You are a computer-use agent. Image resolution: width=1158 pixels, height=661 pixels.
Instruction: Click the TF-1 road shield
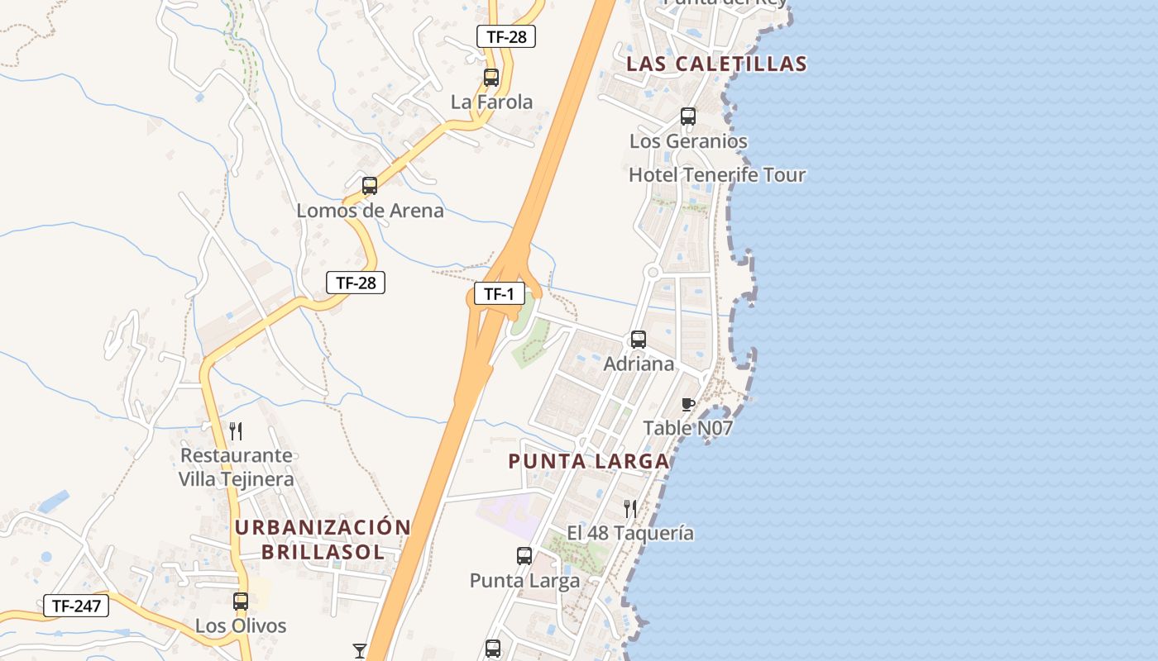click(x=499, y=293)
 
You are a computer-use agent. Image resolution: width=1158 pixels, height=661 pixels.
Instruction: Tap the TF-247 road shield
click(x=76, y=606)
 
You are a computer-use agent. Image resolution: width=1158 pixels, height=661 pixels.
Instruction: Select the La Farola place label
click(x=491, y=102)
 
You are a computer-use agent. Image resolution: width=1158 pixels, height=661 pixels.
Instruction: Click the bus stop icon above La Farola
click(x=491, y=78)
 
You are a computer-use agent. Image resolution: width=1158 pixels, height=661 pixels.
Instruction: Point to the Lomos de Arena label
click(x=370, y=210)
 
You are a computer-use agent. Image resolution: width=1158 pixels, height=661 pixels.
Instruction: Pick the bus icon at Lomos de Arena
click(x=370, y=186)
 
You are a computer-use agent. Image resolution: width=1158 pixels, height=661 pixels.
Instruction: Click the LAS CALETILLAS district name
click(x=716, y=64)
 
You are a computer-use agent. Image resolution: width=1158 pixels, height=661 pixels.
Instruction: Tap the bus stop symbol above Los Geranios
click(x=688, y=117)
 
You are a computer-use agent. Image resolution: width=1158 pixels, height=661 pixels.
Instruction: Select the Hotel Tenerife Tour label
click(x=716, y=174)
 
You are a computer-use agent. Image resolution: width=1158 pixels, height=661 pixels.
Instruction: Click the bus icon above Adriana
click(x=639, y=339)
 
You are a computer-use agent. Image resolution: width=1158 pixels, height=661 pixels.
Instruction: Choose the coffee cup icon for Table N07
click(x=687, y=404)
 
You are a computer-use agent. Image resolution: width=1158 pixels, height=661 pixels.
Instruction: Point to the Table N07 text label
click(x=687, y=428)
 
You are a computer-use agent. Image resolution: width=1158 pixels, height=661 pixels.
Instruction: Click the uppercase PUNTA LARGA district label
click(x=588, y=461)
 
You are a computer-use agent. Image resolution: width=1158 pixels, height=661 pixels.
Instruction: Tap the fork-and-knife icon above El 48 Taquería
click(x=630, y=508)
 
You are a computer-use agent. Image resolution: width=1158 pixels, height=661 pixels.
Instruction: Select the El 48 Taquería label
click(x=630, y=533)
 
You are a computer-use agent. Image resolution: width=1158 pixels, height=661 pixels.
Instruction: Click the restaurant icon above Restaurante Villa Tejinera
click(x=236, y=430)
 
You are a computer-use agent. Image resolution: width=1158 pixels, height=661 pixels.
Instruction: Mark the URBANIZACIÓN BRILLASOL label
click(x=323, y=540)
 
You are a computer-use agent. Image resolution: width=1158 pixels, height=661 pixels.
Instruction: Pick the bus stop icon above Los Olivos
click(x=241, y=602)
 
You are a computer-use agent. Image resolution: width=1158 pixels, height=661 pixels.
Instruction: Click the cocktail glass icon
click(x=359, y=651)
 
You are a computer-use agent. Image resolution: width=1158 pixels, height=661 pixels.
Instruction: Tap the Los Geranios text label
click(x=688, y=141)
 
